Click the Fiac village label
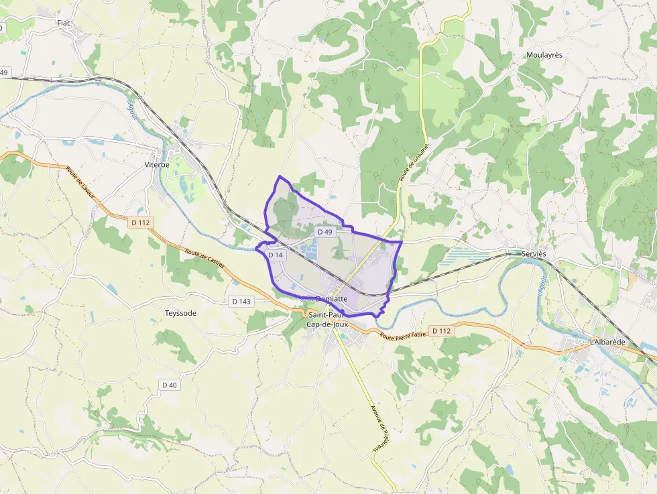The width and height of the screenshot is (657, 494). coord(64,23)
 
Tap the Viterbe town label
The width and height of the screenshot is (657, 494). coord(158,164)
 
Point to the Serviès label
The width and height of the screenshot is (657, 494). coord(534,254)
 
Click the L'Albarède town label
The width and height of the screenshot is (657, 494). coord(607,342)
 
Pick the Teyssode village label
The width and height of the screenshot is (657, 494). coord(181,313)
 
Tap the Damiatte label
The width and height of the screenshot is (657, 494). coord(331,299)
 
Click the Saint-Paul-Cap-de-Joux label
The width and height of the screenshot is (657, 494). coord(325,320)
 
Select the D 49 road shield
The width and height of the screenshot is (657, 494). coord(325,232)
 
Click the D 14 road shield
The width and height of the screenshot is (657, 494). coord(276,255)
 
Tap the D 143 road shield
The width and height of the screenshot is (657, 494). coord(241,302)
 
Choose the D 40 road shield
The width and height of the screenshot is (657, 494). coord(169,385)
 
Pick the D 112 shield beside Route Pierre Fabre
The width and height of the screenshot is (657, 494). coord(441,330)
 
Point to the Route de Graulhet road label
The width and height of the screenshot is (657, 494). coord(414,160)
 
